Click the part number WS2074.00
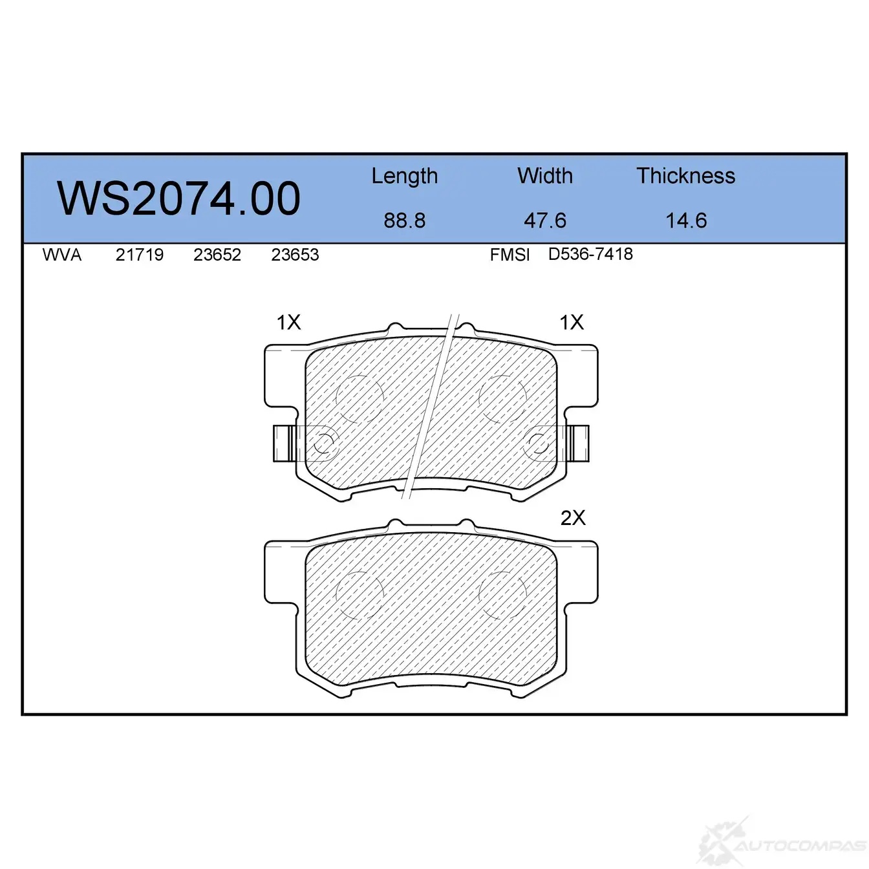pyautogui.click(x=178, y=198)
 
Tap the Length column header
pyautogui.click(x=405, y=177)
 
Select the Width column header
pyautogui.click(x=545, y=175)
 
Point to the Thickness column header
pyautogui.click(x=685, y=175)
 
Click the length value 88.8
pyautogui.click(x=405, y=220)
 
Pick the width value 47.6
pyautogui.click(x=545, y=220)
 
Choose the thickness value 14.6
pyautogui.click(x=686, y=220)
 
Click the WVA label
pyautogui.click(x=62, y=255)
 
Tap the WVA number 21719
pyautogui.click(x=140, y=255)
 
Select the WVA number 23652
pyautogui.click(x=217, y=255)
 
